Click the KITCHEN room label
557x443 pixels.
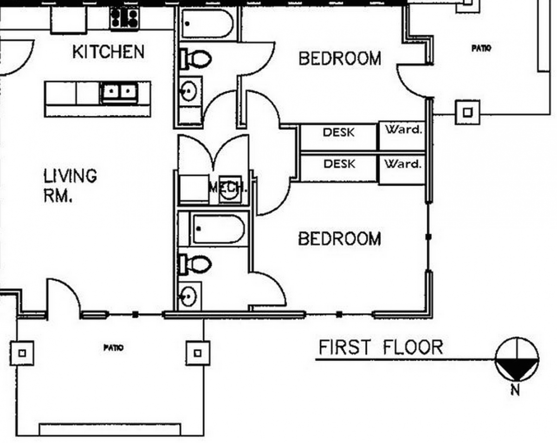pos(108,52)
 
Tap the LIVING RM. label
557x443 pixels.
pos(70,185)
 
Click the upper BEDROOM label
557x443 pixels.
pos(340,59)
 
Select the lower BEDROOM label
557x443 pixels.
pos(340,239)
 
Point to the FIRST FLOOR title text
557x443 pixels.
pos(381,347)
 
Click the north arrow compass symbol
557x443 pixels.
pos(517,359)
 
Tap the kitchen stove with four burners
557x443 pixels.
pos(124,18)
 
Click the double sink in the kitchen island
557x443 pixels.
pos(119,92)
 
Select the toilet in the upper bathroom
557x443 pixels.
pos(196,59)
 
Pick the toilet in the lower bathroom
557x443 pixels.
pos(196,264)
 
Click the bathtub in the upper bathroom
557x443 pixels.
pos(207,24)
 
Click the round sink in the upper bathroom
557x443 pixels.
pos(189,91)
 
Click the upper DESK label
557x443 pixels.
pos(338,132)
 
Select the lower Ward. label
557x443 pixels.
pos(403,164)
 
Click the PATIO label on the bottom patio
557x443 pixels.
pos(114,348)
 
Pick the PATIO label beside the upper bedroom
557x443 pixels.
pos(481,48)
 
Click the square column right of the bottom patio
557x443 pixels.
pos(198,353)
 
